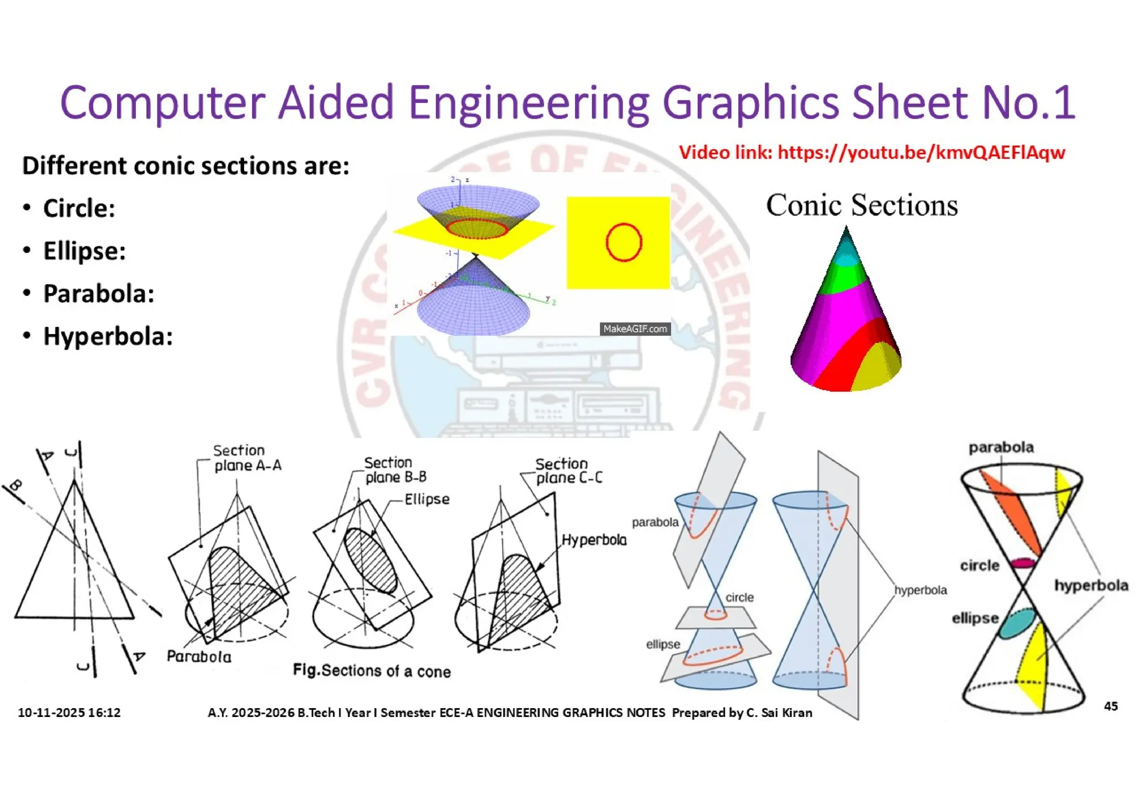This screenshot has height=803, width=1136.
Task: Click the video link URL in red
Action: coord(921,153)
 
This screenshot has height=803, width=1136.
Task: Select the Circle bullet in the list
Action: coord(79,209)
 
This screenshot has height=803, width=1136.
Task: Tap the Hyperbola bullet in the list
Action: coord(108,336)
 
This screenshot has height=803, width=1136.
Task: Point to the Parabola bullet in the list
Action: coord(98,294)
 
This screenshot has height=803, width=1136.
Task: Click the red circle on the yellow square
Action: coord(623,243)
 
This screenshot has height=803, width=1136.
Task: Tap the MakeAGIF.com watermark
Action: coord(635,329)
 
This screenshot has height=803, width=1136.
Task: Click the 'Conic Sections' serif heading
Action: coord(861,205)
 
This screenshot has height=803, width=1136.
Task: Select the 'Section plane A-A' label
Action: coord(247,458)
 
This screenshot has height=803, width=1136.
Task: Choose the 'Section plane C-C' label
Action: coord(568,471)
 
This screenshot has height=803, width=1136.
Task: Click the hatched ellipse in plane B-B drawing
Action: coord(370,560)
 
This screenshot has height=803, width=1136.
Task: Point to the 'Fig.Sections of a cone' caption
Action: coord(372,671)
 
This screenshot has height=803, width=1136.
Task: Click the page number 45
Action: coord(1110,706)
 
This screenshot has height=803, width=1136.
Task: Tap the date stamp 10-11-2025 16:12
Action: coord(69,713)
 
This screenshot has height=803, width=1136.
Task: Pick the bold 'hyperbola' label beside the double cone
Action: coord(1091,585)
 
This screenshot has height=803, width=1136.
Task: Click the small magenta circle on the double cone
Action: coord(1022,563)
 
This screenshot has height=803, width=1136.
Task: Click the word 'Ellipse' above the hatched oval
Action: coord(427,499)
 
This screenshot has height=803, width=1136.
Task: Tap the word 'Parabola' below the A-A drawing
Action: coord(199,656)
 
